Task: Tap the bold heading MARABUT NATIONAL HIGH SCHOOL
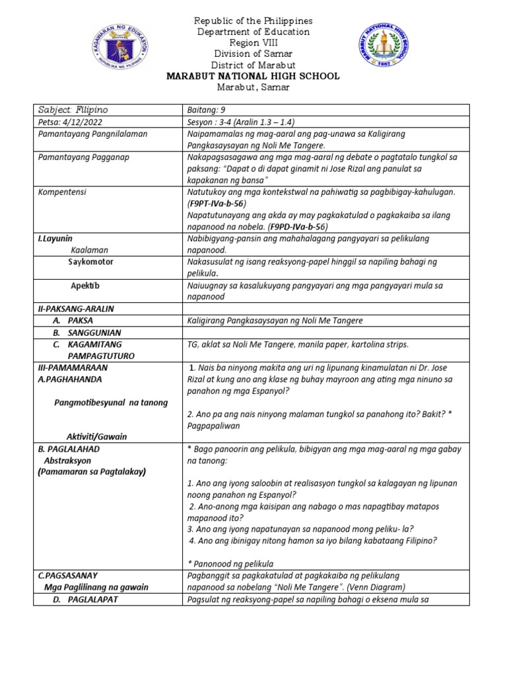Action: [254, 76]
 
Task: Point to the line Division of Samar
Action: [254, 54]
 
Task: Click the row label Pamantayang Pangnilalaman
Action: [92, 134]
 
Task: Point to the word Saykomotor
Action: [90, 262]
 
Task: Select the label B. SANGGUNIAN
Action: [87, 332]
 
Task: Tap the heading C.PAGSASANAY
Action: [69, 575]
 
